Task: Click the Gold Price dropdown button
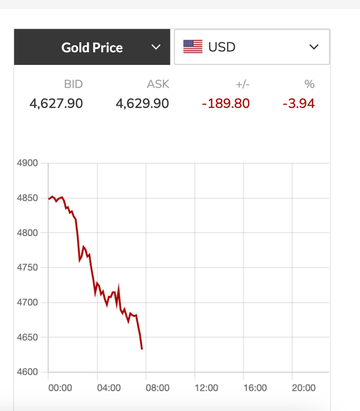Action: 92,47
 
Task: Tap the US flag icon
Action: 193,47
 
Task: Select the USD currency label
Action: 222,47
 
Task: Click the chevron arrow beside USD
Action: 314,47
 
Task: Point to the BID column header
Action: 73,85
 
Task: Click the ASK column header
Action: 158,85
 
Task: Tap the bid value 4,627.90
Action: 56,104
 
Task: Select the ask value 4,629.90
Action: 142,104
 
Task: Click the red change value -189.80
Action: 225,104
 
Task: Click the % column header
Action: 309,85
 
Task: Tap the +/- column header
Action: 242,85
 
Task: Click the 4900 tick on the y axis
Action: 28,163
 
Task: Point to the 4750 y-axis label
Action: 28,268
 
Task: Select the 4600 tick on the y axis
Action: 28,372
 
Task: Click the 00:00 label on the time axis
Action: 60,388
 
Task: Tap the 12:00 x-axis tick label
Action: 206,388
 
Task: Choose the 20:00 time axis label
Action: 303,388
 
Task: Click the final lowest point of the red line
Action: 142,350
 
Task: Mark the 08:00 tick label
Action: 157,388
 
